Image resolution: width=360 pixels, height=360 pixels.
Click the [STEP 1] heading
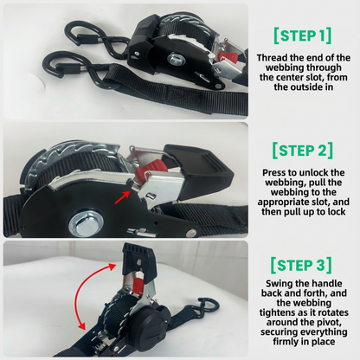(300, 35)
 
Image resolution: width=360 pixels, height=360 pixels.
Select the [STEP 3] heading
(300, 264)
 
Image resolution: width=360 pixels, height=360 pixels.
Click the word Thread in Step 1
(275, 58)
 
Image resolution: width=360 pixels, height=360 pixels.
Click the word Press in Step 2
(273, 173)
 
